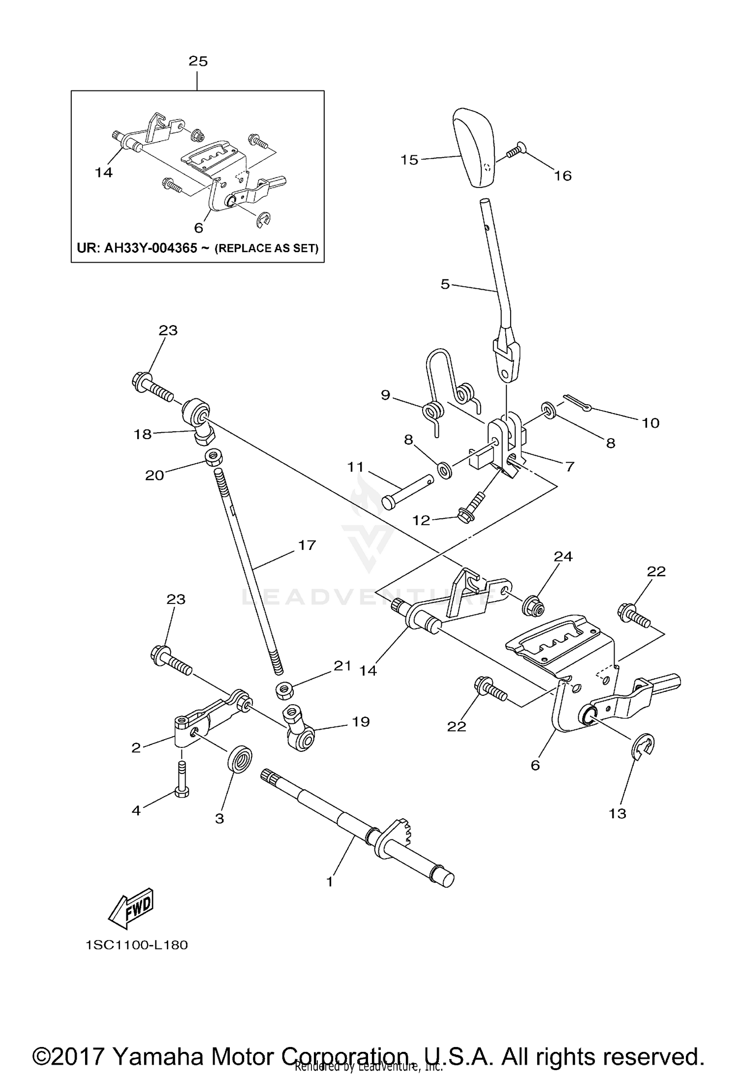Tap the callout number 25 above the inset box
[198, 61]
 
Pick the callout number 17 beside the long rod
[307, 545]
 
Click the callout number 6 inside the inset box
[198, 228]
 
